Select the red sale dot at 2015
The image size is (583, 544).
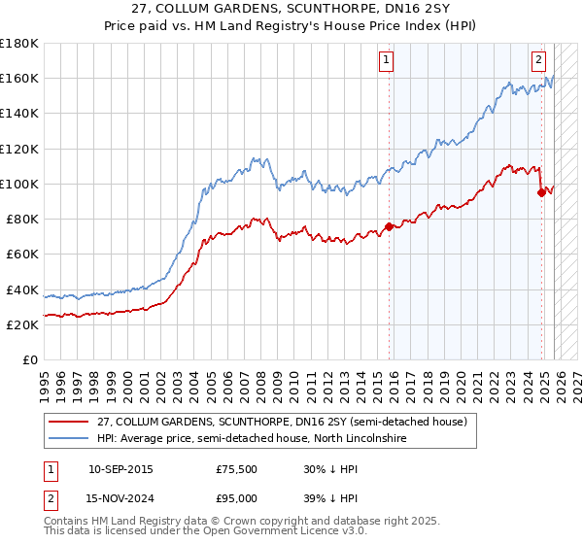[x=389, y=226]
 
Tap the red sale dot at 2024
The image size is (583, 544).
[x=542, y=191]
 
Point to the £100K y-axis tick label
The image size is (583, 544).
[x=19, y=184]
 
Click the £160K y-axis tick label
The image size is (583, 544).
[x=19, y=78]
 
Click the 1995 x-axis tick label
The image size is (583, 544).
[x=45, y=380]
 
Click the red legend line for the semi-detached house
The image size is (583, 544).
[x=69, y=422]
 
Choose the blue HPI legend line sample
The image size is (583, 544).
[x=69, y=438]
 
